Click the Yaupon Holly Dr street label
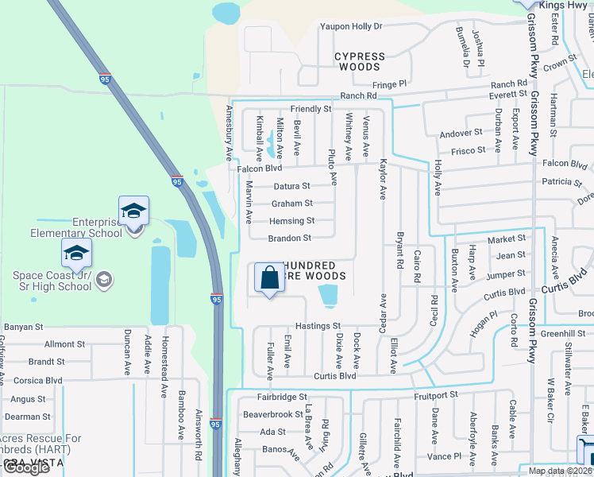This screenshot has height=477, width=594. (351, 26)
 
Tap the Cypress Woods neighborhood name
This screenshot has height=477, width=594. (359, 62)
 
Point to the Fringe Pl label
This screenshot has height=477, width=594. (389, 83)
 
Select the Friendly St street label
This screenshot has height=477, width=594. (310, 108)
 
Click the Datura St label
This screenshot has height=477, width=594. (291, 186)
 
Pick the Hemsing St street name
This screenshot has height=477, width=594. (291, 221)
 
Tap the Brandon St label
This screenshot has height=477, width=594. (289, 238)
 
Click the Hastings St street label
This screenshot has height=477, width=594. (318, 326)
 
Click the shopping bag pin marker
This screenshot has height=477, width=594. (270, 278)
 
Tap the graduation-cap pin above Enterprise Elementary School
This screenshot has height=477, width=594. (134, 211)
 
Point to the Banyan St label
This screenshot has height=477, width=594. (23, 327)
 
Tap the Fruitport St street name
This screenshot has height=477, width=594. (436, 394)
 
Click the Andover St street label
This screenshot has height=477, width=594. (461, 133)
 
